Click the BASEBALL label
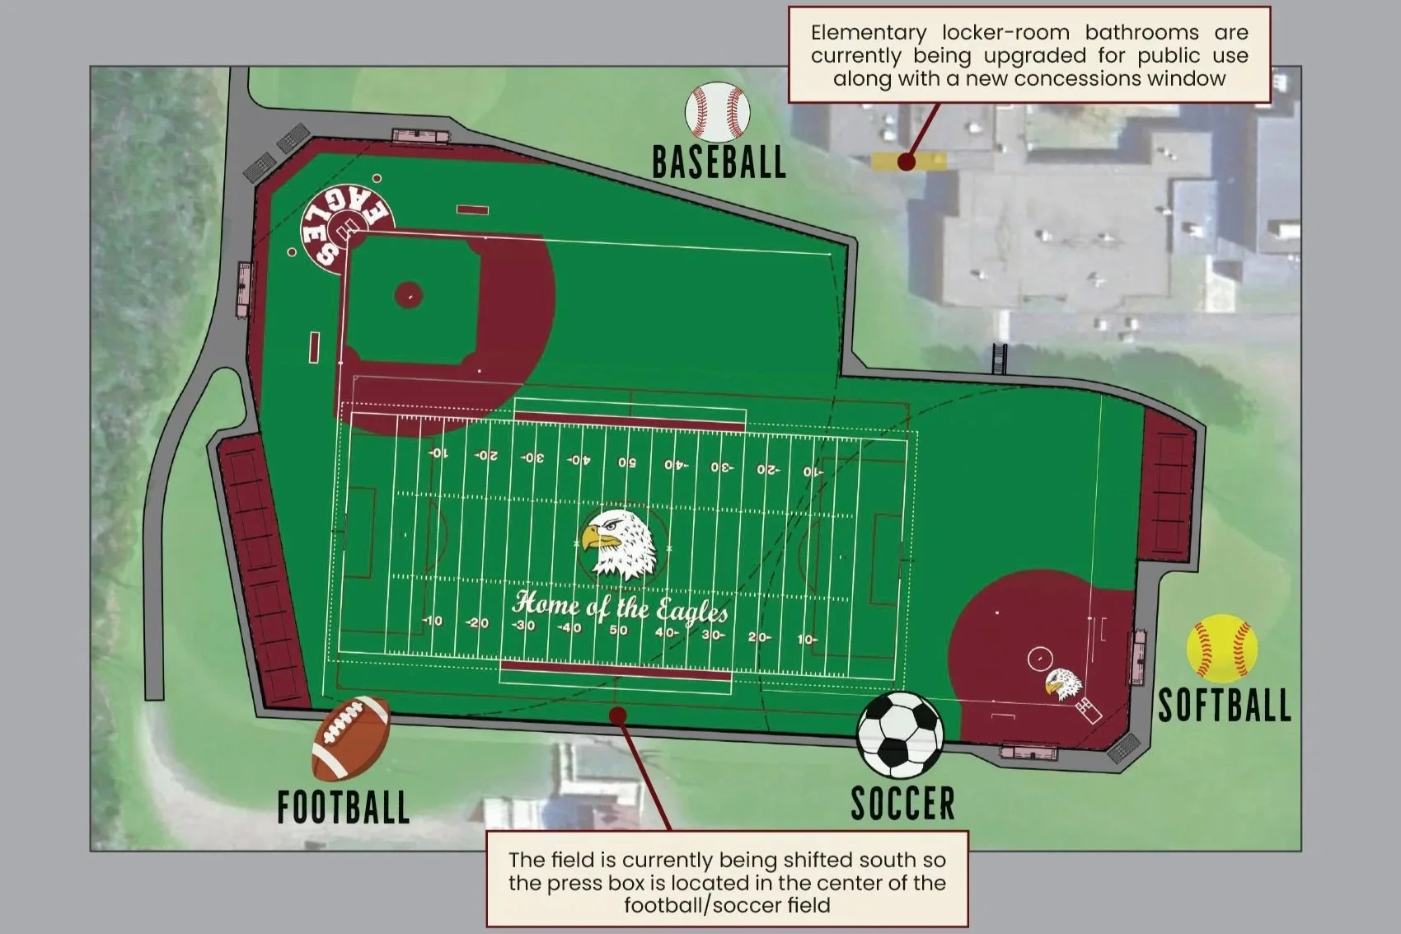click(x=719, y=162)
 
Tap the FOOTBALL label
click(x=343, y=807)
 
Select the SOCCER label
click(x=902, y=803)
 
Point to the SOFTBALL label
click(x=1224, y=706)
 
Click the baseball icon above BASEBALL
click(x=717, y=110)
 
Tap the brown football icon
click(x=351, y=739)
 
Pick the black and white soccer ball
click(x=900, y=734)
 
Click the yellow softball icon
click(x=1222, y=648)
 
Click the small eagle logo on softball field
click(x=1062, y=683)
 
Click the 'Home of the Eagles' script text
click(x=620, y=608)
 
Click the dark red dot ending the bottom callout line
click(x=617, y=716)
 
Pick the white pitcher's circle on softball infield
click(x=1040, y=659)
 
